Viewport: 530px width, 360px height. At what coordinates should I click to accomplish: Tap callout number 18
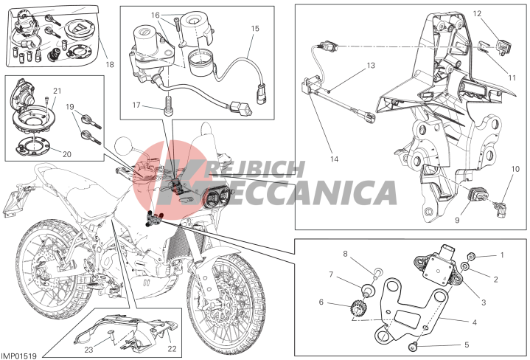pos(110,64)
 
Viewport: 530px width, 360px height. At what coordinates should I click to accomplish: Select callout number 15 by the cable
pos(255,29)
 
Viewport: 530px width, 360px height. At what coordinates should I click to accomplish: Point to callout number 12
pos(477,13)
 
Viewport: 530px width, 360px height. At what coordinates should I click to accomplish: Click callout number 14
pos(334,159)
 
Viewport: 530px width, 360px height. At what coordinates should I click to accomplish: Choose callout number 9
pos(457,221)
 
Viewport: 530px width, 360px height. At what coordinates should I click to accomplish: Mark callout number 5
pos(467,345)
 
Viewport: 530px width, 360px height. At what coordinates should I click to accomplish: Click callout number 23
pos(88,350)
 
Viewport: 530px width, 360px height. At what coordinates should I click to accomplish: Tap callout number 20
pos(67,154)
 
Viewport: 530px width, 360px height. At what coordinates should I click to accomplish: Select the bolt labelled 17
pos(168,106)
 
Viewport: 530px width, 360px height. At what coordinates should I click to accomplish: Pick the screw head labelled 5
pos(412,345)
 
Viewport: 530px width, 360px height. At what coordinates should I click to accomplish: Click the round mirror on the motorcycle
pos(125,147)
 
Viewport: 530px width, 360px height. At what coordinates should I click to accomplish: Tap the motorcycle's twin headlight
pos(217,196)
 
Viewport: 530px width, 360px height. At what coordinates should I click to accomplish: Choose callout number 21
pos(57,91)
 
